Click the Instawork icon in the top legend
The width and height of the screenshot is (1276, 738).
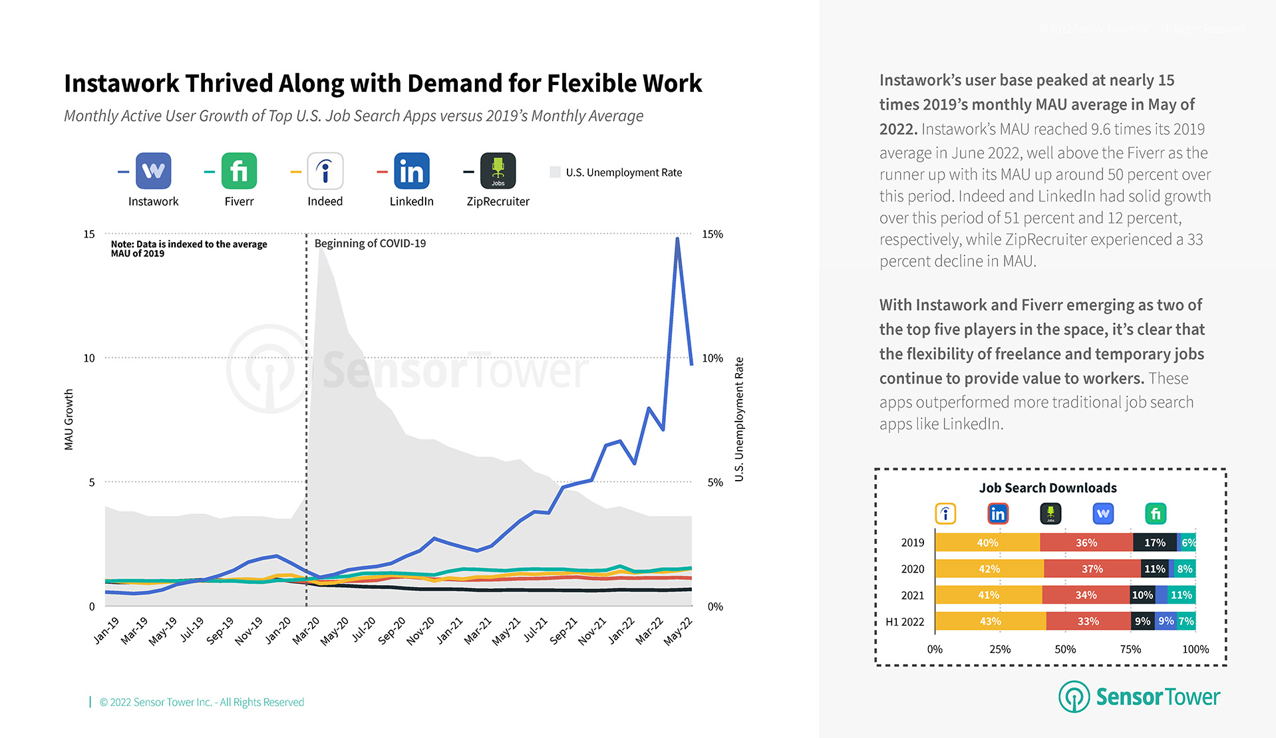point(153,171)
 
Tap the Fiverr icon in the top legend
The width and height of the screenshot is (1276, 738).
point(239,171)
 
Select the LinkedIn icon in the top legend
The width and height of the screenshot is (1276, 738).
point(411,171)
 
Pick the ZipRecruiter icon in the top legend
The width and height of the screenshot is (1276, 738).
point(498,171)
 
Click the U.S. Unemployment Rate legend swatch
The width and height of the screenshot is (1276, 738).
point(555,172)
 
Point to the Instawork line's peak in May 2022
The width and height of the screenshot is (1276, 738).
point(677,239)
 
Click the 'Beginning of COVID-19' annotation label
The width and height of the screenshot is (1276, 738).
point(370,243)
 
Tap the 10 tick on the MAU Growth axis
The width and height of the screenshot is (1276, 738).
point(89,358)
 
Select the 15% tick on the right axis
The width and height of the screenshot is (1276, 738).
point(712,234)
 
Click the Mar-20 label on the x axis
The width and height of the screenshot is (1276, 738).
point(307,630)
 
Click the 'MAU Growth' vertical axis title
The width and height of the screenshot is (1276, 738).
point(69,420)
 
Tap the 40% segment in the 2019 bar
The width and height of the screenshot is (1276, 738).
point(987,543)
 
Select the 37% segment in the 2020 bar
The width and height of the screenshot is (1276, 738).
point(1092,569)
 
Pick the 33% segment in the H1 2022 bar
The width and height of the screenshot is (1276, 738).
point(1088,622)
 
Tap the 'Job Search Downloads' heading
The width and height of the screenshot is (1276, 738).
point(1048,488)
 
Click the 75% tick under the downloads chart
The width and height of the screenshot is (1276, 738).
point(1130,649)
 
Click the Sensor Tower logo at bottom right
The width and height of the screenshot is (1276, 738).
point(1139,696)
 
